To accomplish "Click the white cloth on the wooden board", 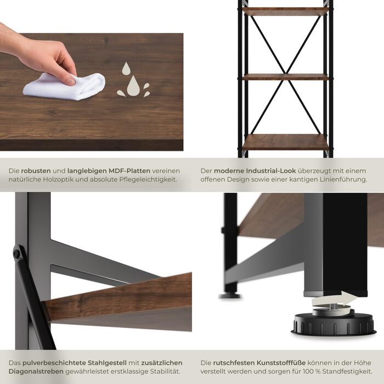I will click(63, 87).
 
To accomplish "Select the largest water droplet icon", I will click(133, 87).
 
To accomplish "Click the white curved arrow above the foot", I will click(334, 300).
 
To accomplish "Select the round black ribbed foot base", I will click(333, 325).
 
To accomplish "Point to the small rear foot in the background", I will click(230, 295).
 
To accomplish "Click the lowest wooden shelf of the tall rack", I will click(285, 142).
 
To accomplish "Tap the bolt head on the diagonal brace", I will click(17, 254).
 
